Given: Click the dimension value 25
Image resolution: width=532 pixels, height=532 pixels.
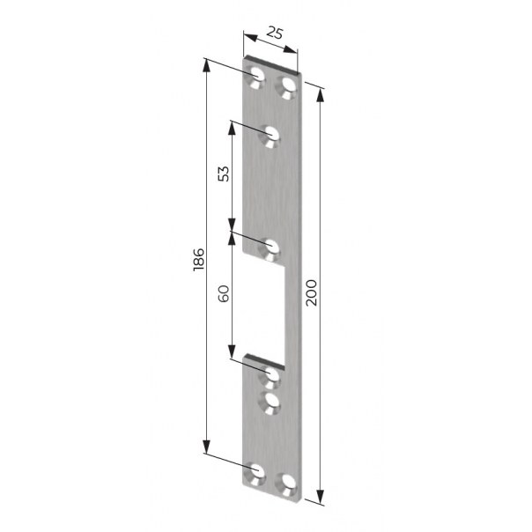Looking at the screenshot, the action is tap(274, 33).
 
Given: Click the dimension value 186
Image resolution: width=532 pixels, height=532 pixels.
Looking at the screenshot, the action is tap(199, 259).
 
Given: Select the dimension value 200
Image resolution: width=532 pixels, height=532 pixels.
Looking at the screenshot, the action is tap(311, 292).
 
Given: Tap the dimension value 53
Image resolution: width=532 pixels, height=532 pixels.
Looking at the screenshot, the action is tap(224, 174).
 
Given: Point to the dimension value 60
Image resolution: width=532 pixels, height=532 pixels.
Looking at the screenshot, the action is tap(224, 293).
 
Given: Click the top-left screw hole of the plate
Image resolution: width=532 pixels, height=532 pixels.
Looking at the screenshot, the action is tap(256, 78).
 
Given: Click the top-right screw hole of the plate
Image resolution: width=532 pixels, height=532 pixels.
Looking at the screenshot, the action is tap(287, 87).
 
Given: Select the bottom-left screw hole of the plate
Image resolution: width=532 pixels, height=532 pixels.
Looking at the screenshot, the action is tap(255, 473).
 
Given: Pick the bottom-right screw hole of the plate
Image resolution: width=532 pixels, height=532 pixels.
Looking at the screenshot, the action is tap(286, 484).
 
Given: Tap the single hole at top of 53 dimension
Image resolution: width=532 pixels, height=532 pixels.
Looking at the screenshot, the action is tap(270, 137).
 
